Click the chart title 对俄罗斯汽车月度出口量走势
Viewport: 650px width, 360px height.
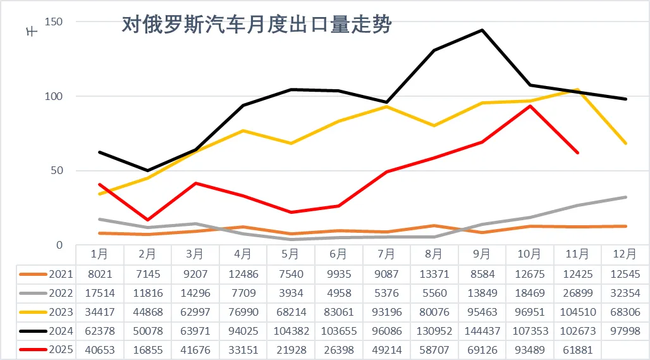257,25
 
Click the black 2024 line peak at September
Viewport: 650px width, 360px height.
482,30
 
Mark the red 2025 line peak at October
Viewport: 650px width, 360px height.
530,106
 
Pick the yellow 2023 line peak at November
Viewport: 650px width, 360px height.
577,90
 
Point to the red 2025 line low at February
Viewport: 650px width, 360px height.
147,220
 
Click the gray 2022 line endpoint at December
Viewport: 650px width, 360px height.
625,197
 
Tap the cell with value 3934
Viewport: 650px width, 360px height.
291,294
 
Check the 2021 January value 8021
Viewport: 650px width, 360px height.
99,275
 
